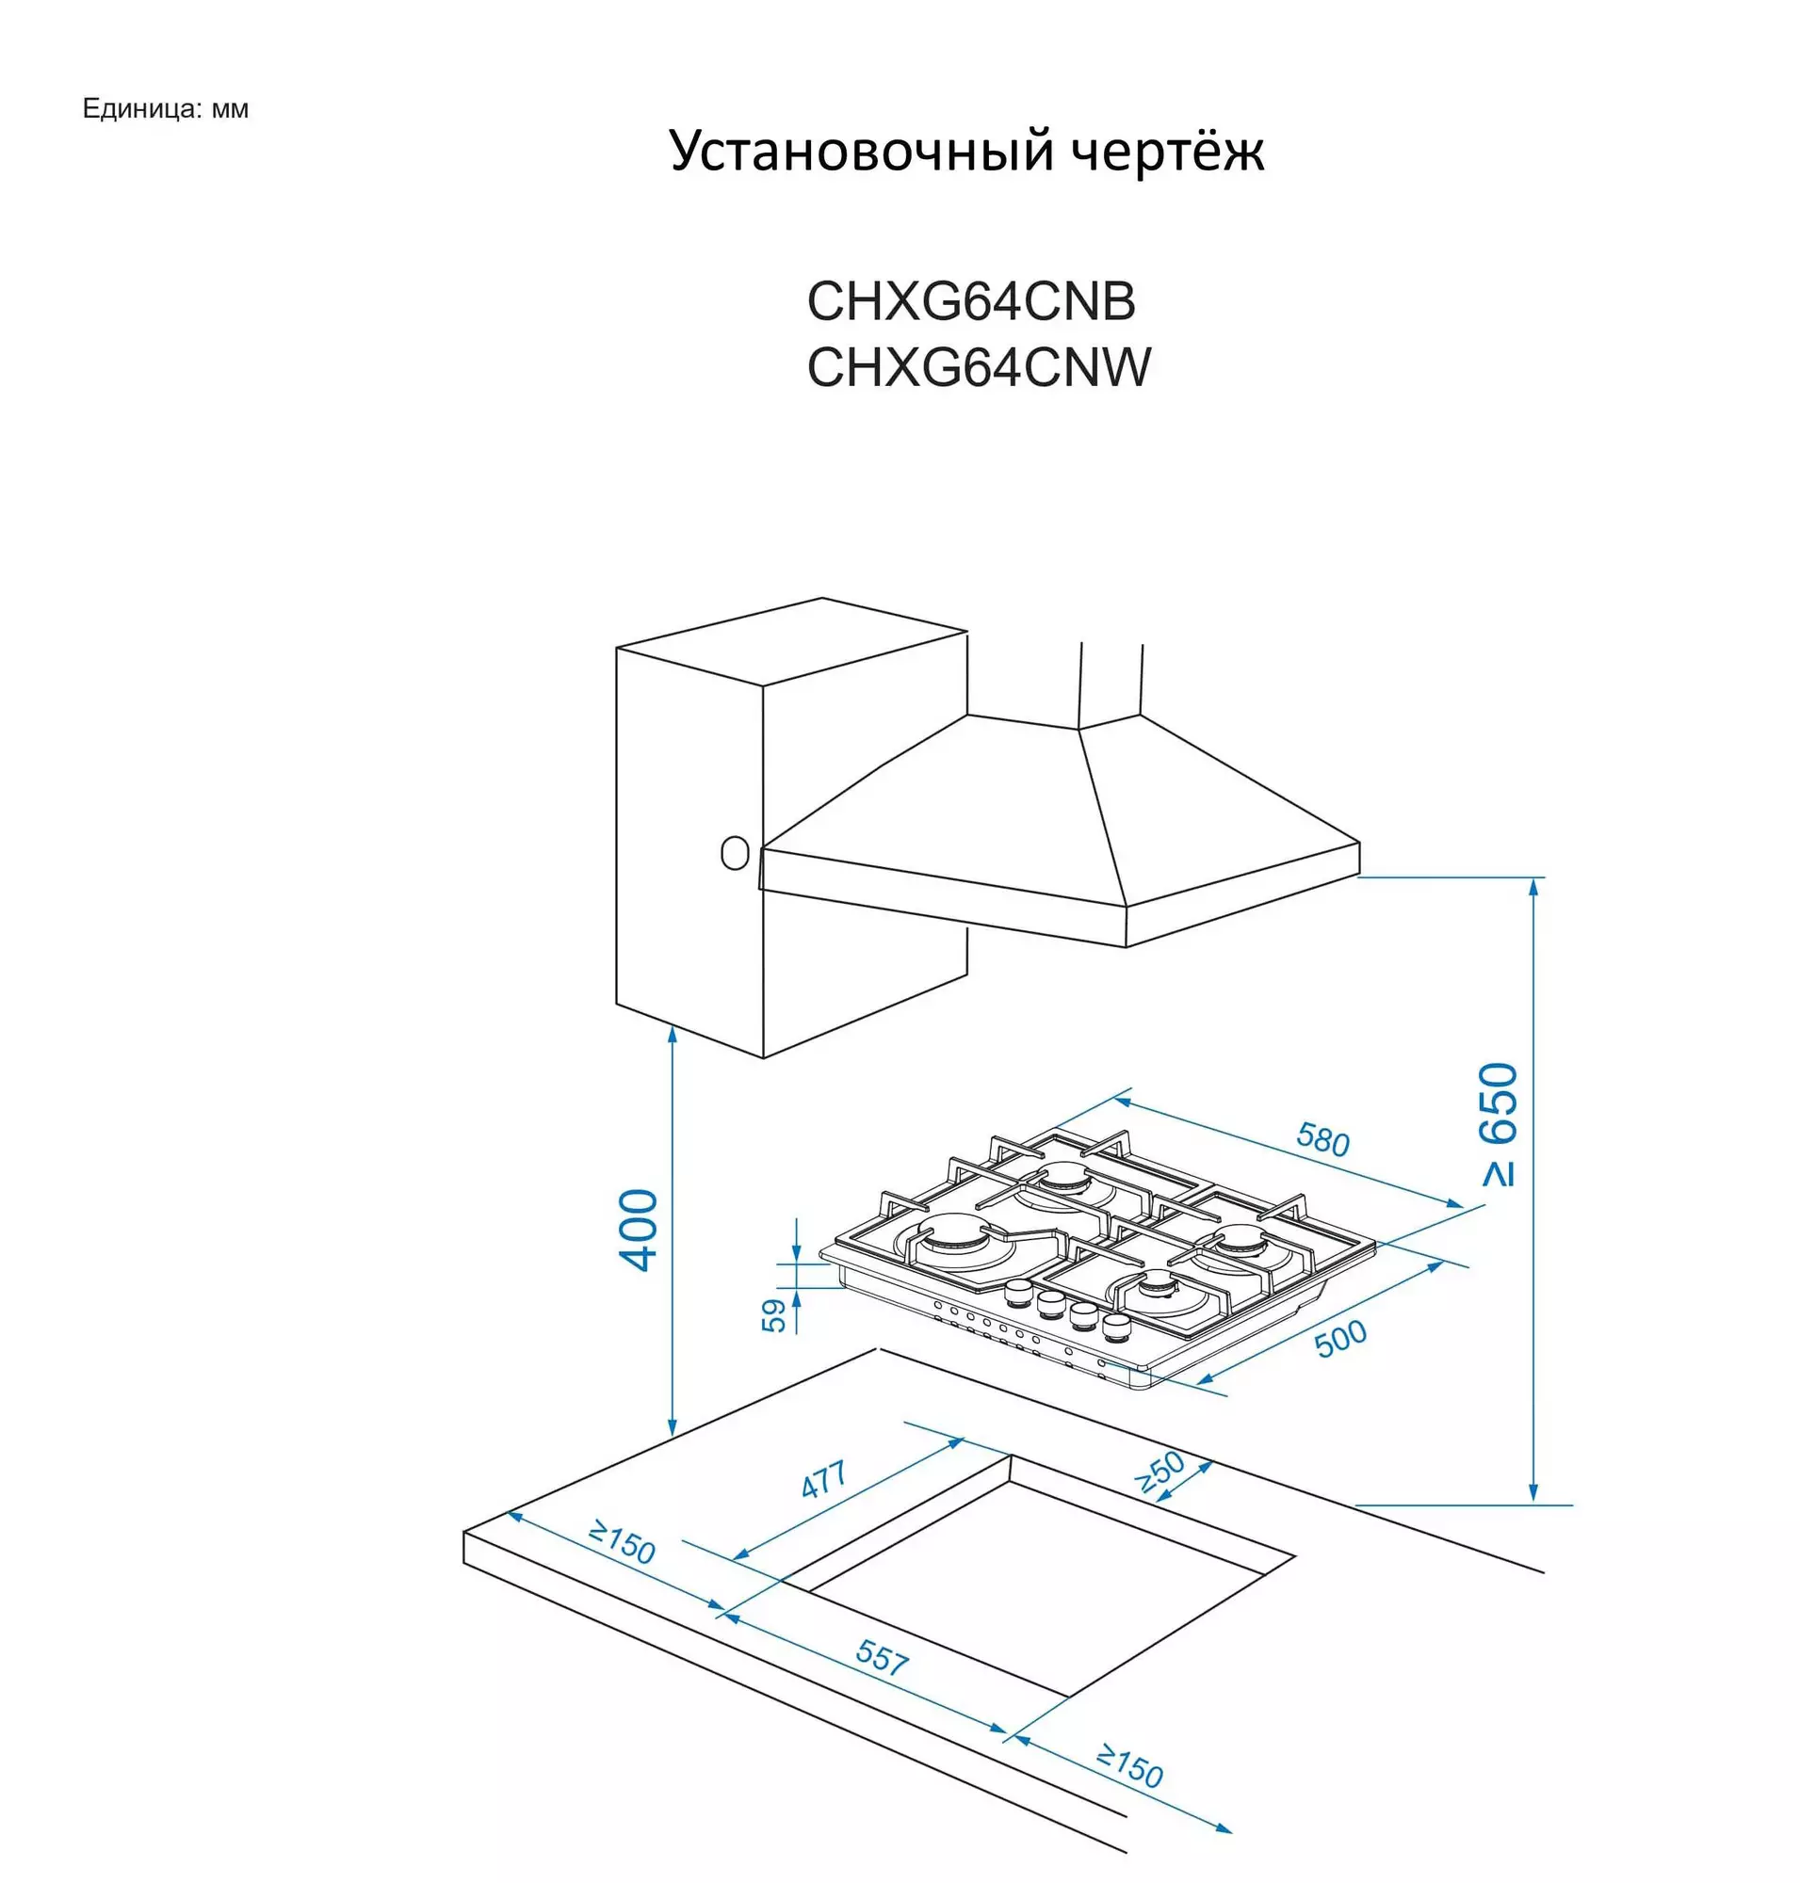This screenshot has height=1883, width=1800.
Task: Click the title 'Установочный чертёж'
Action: (966, 151)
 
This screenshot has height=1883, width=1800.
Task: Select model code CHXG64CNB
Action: (971, 301)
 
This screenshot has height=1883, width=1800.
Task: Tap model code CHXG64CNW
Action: (979, 366)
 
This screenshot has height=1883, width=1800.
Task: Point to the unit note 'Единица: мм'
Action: (165, 108)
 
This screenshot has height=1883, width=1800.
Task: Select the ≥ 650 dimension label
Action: (1500, 1124)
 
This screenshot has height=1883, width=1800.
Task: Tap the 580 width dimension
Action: (1323, 1138)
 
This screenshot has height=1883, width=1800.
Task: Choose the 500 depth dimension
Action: (1340, 1338)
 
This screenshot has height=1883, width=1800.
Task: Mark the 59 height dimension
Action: (773, 1315)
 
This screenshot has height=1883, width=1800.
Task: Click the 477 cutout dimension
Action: (824, 1479)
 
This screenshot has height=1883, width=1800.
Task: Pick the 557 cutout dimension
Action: (882, 1658)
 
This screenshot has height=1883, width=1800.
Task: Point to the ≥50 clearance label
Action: (1160, 1473)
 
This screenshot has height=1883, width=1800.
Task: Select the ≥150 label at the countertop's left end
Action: (622, 1541)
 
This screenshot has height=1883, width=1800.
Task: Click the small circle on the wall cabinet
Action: (735, 852)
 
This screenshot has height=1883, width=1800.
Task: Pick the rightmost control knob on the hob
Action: (1117, 1327)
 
